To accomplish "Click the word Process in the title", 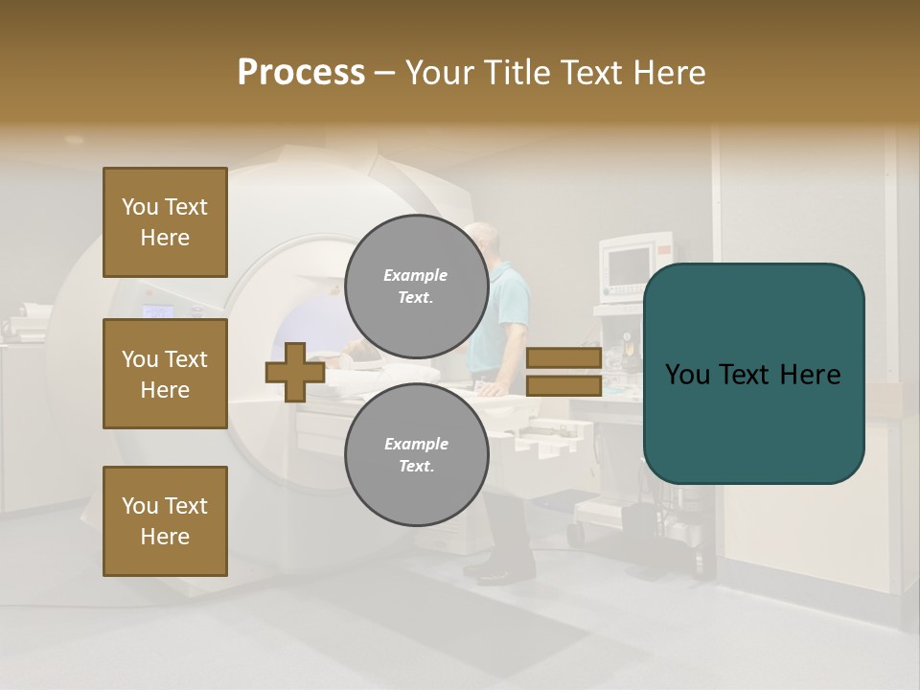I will click(301, 73).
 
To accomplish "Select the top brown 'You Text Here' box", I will click(165, 222).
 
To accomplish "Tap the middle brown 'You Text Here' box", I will click(165, 374).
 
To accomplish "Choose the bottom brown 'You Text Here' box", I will click(165, 521).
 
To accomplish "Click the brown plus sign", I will click(295, 372).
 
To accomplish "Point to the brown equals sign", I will click(563, 372).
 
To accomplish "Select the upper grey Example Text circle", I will click(416, 286).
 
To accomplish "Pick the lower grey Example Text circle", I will click(416, 454).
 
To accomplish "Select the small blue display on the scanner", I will click(158, 311).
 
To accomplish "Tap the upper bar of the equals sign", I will click(563, 358).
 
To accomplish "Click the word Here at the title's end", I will click(667, 73).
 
